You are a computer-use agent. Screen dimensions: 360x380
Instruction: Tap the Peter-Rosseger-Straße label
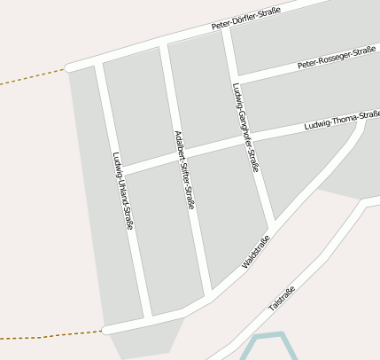point(337,59)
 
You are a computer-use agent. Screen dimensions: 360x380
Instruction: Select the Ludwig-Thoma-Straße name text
point(341,121)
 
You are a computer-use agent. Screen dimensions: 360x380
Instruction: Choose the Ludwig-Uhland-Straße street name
point(122,192)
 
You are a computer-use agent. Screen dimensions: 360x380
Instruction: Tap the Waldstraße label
point(255,251)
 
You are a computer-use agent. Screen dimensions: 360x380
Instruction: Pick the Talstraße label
point(281,297)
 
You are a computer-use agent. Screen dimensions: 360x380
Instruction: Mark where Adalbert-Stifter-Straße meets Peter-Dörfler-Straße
point(163,44)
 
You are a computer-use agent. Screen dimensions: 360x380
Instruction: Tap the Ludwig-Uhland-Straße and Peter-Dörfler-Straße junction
point(99,59)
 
